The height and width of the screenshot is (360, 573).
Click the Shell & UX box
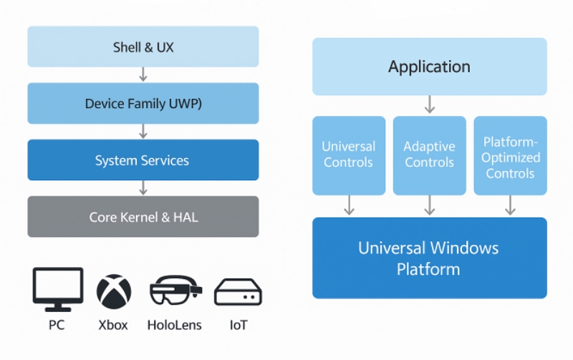click(x=143, y=47)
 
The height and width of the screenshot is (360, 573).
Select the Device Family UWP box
click(x=143, y=103)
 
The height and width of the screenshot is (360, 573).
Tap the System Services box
click(x=143, y=160)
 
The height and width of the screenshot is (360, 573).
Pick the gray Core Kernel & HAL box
click(x=143, y=217)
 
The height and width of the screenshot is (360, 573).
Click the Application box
click(x=429, y=67)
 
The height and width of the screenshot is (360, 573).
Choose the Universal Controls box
click(x=349, y=155)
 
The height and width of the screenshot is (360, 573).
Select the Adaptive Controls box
click(x=429, y=155)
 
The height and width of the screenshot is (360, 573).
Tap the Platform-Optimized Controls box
click(x=510, y=155)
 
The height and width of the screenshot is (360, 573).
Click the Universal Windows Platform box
click(x=429, y=258)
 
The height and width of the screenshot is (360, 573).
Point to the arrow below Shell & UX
click(x=143, y=74)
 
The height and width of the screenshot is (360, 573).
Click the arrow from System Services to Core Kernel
click(x=143, y=188)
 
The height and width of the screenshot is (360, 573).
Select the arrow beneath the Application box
click(x=430, y=104)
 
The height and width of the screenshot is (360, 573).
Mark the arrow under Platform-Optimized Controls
click(x=510, y=205)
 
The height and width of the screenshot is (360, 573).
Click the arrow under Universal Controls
click(x=349, y=205)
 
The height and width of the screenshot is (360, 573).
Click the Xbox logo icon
click(x=114, y=291)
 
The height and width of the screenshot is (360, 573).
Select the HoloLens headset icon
click(x=175, y=291)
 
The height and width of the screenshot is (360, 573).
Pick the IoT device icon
click(x=238, y=292)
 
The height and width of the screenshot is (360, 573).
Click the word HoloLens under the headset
click(x=174, y=325)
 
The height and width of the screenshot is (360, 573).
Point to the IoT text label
click(x=239, y=325)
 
